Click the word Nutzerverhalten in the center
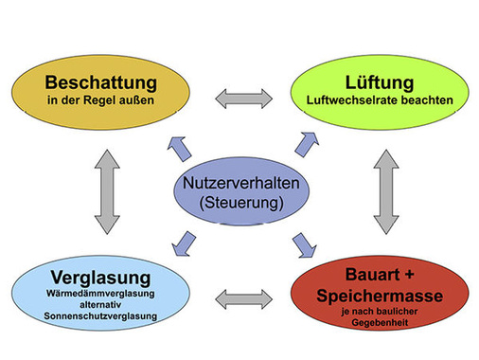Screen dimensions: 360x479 coord(238,184)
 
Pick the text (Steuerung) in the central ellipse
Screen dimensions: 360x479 coord(237,204)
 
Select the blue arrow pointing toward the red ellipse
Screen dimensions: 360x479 coord(306,244)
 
